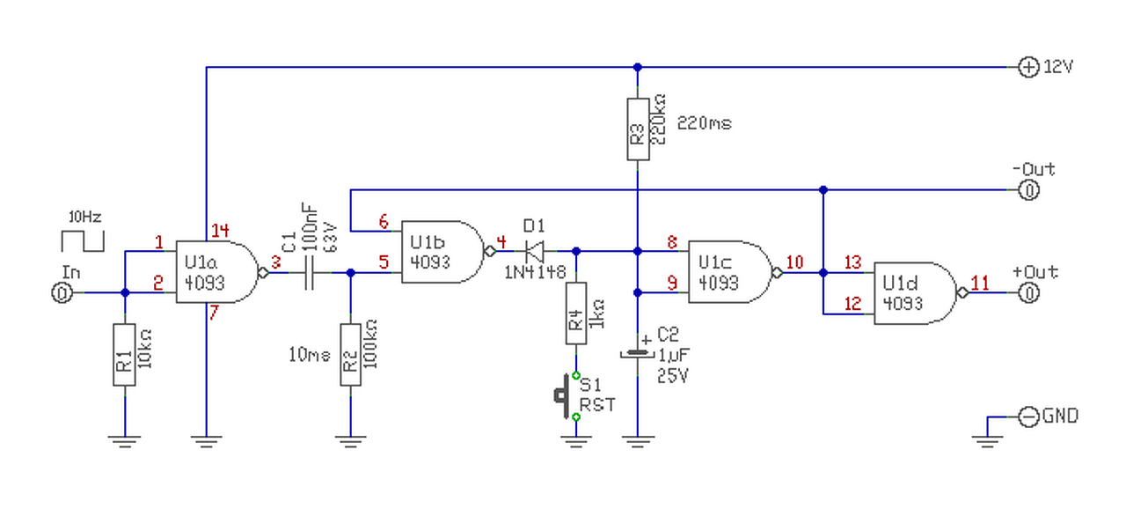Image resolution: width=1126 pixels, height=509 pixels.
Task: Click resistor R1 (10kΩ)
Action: (x=124, y=355)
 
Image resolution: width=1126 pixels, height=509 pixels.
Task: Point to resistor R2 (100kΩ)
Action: (x=350, y=355)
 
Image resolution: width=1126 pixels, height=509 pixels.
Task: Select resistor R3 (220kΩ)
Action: (x=638, y=129)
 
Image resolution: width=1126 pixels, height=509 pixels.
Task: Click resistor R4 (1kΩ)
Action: (x=576, y=314)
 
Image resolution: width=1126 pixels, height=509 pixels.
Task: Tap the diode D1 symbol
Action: (x=534, y=251)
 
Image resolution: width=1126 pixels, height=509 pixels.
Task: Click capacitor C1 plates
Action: (x=309, y=273)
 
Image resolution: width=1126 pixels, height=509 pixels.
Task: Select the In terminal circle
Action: (x=62, y=292)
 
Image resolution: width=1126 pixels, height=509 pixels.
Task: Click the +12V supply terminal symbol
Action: (x=1028, y=67)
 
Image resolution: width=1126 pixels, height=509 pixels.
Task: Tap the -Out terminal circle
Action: (x=1028, y=190)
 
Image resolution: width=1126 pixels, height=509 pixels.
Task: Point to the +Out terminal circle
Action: (x=1028, y=292)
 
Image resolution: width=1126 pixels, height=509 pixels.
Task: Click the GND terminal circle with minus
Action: (x=1028, y=417)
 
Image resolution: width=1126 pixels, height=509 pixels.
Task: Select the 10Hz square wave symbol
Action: (x=83, y=241)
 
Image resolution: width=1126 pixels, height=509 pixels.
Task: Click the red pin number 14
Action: (x=220, y=231)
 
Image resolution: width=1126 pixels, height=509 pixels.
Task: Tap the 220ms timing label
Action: (x=705, y=123)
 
